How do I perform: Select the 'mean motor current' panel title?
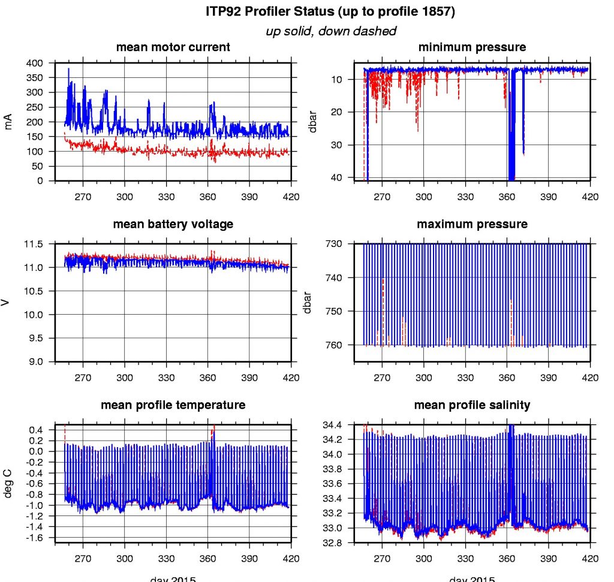pos(173,47)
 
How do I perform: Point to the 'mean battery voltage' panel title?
pos(173,224)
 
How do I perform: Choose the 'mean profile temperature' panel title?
pos(173,405)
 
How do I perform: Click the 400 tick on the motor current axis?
pos(36,63)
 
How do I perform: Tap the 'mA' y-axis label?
pos(8,122)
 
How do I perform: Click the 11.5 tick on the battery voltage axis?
pos(34,245)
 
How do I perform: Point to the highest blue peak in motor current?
pos(68,70)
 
